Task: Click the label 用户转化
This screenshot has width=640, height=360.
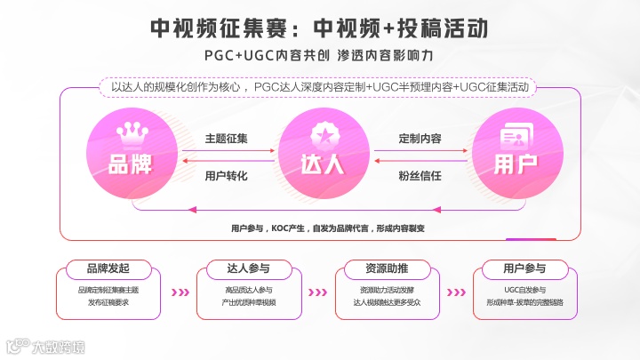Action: point(226,175)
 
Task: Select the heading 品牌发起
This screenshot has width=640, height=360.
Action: point(108,268)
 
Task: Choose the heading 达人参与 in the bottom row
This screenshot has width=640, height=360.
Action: point(249,268)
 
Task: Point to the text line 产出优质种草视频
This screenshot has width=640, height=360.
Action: point(249,302)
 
